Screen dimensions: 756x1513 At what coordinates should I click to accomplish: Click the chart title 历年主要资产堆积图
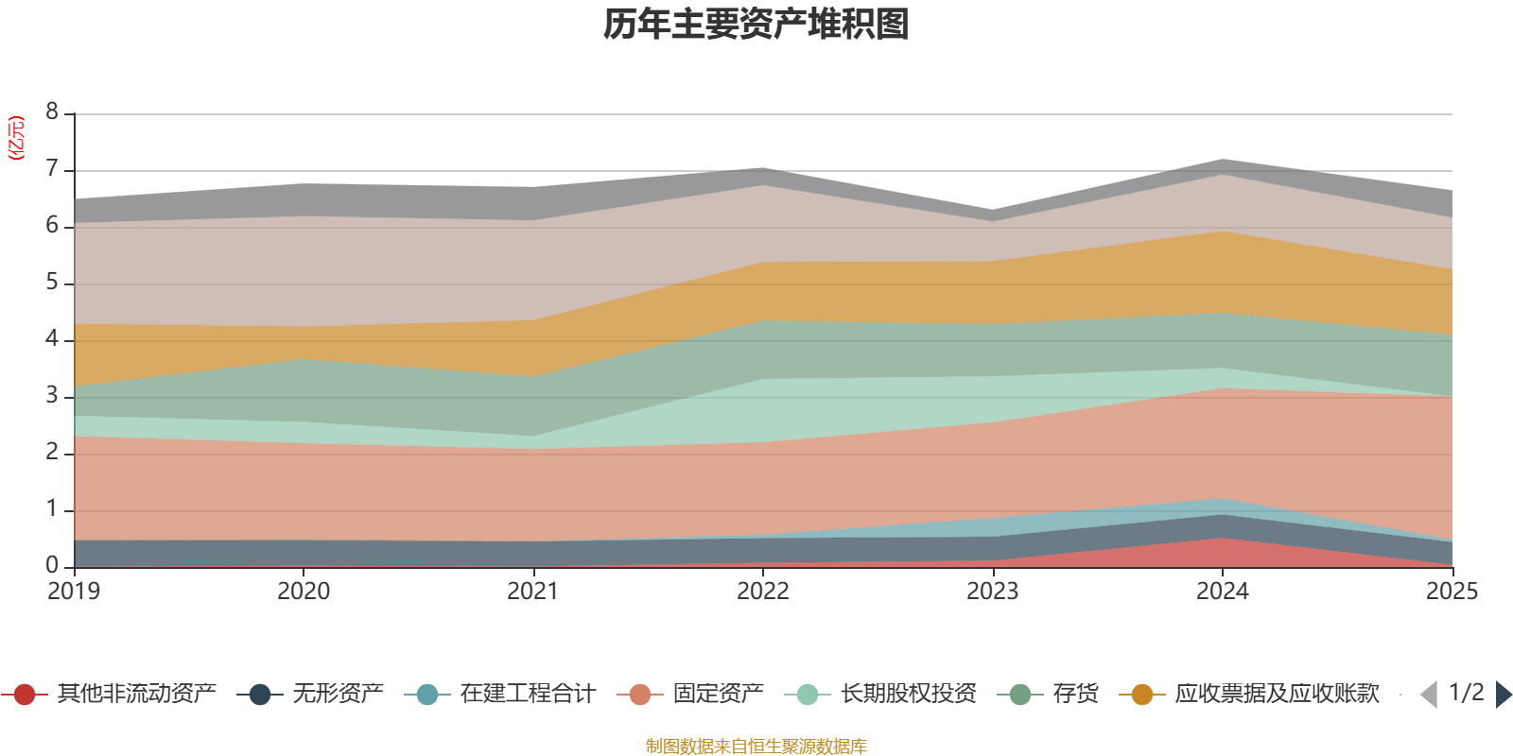tap(756, 25)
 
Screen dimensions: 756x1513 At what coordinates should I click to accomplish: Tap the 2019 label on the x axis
tap(74, 592)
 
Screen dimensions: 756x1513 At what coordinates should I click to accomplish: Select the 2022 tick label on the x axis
tap(763, 592)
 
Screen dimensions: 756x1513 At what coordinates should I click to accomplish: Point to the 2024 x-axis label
tap(1223, 592)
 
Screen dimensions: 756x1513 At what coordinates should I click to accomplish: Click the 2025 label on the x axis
tap(1452, 592)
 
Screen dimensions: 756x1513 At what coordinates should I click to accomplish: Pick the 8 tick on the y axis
tap(52, 112)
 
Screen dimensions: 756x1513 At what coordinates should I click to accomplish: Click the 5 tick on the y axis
tap(52, 283)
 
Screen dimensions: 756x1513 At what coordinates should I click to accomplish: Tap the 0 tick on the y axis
tap(52, 565)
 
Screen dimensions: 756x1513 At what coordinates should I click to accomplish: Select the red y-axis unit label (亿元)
tap(16, 139)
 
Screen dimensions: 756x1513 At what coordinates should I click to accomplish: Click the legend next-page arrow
tap(1503, 695)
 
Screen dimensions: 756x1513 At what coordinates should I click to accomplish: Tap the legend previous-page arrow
tap(1429, 695)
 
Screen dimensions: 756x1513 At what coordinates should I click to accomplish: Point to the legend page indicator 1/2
tap(1466, 693)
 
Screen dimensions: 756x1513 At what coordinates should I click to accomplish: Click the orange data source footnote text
tap(756, 747)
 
